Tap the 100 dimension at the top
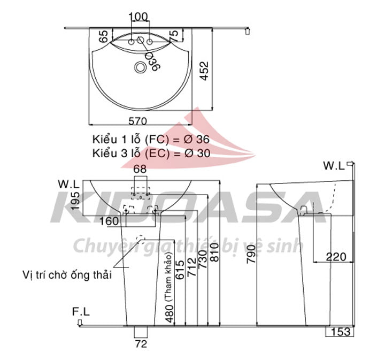[139, 17]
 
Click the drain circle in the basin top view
[141, 67]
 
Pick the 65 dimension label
[104, 36]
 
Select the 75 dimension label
[173, 36]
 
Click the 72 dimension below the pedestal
[141, 344]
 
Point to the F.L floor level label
[81, 311]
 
